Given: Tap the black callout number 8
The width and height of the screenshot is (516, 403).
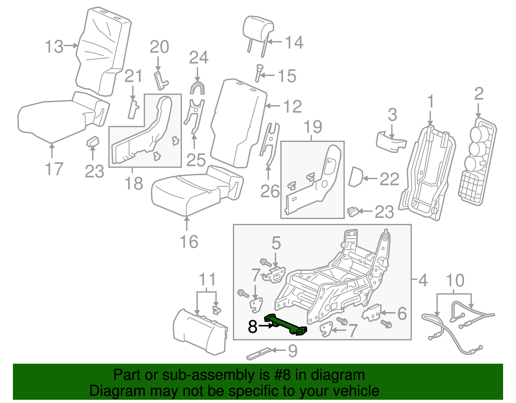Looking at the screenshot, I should [x=253, y=327].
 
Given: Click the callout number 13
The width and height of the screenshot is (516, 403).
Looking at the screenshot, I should [x=54, y=46].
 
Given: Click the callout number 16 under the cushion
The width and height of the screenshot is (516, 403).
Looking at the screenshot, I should [x=189, y=241].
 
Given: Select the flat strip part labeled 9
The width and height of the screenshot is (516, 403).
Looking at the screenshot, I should [x=259, y=354].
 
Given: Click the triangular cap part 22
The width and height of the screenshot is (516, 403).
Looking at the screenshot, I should [x=356, y=176].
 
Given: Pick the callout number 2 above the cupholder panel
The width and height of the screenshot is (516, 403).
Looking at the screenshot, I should [x=479, y=94].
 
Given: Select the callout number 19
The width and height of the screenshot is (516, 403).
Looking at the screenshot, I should [x=313, y=127].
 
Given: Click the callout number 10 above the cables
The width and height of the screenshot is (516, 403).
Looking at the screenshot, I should [x=455, y=280].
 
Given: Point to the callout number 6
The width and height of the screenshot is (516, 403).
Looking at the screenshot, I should [x=402, y=313].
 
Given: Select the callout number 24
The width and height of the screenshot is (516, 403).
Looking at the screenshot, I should [x=199, y=58].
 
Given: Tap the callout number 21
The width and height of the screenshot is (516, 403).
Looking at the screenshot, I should [x=133, y=76].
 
